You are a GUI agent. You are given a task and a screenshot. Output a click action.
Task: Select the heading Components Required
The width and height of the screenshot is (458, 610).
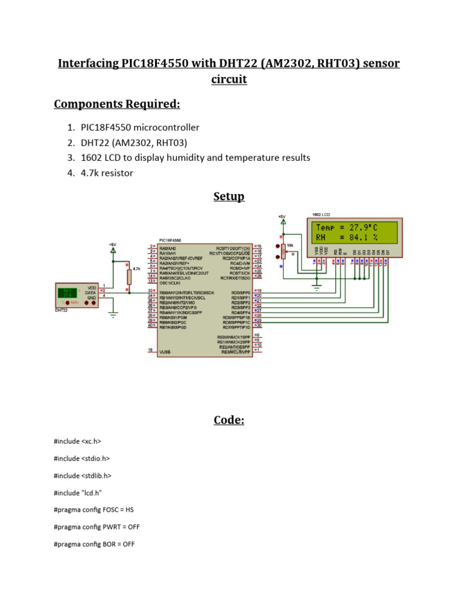pyautogui.click(x=117, y=104)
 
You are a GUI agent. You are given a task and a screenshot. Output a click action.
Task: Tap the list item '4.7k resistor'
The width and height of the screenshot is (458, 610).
pyautogui.click(x=107, y=173)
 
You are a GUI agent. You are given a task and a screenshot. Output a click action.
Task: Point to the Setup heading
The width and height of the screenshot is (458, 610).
pyautogui.click(x=229, y=197)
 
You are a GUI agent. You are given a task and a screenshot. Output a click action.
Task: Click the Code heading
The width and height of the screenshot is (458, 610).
pyautogui.click(x=229, y=421)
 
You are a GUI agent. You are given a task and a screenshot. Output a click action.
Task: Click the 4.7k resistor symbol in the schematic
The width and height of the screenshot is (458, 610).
pyautogui.click(x=129, y=276)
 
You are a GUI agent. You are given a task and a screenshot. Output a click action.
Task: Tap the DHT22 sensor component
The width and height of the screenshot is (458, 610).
pyautogui.click(x=76, y=295)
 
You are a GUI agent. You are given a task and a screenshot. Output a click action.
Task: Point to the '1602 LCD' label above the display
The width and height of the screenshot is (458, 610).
pyautogui.click(x=321, y=214)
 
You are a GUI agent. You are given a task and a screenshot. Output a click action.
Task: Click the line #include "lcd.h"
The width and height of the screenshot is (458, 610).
pyautogui.click(x=78, y=493)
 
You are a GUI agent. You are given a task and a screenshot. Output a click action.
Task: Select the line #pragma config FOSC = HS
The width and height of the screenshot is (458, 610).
pyautogui.click(x=94, y=510)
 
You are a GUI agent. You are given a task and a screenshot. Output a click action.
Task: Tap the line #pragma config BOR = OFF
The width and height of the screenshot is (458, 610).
pyautogui.click(x=94, y=544)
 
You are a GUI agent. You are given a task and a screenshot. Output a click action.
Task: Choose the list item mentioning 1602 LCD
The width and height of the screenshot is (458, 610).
pyautogui.click(x=196, y=158)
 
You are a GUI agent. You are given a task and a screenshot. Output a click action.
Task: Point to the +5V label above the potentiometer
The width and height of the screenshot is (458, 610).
pyautogui.click(x=283, y=216)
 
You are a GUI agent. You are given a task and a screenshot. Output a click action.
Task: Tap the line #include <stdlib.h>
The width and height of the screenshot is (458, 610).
pyautogui.click(x=82, y=476)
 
